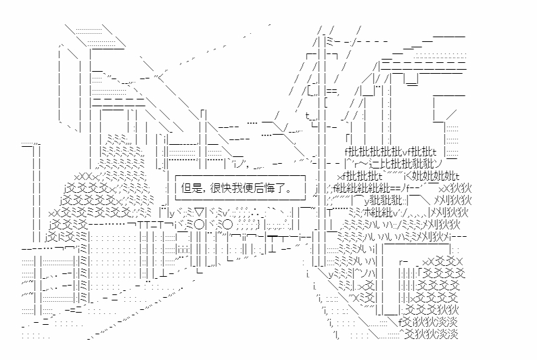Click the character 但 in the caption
[x=187, y=189]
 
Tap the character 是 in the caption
[x=197, y=189]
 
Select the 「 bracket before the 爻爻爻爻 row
[x=419, y=273]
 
